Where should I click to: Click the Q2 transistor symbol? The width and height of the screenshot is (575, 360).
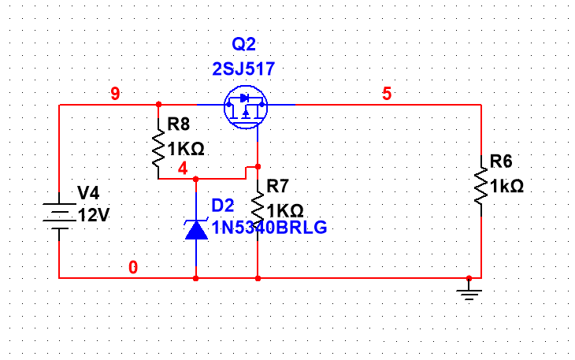pos(244,109)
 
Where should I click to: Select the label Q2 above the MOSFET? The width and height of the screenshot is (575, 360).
pos(244,44)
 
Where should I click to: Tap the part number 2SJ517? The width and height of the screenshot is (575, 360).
pos(243,69)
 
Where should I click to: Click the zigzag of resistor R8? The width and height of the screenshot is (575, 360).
pos(158,149)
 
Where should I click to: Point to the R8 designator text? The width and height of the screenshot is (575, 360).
pos(179,124)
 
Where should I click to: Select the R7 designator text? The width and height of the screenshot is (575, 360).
pos(278,186)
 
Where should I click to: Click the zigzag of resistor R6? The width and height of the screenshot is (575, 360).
pos(480,186)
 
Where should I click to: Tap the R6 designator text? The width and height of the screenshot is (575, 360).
pos(501,161)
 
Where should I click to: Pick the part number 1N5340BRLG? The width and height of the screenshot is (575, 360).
pos(268,228)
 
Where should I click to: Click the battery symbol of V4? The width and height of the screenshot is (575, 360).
pos(59,215)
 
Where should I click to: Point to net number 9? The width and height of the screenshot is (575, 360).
pos(115,95)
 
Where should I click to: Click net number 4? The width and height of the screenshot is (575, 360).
pos(183,169)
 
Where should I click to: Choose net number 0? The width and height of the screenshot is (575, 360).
pos(133,268)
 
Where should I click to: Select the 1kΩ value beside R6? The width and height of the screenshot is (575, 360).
pos(506,187)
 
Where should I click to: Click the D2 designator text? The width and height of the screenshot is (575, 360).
pos(223,206)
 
